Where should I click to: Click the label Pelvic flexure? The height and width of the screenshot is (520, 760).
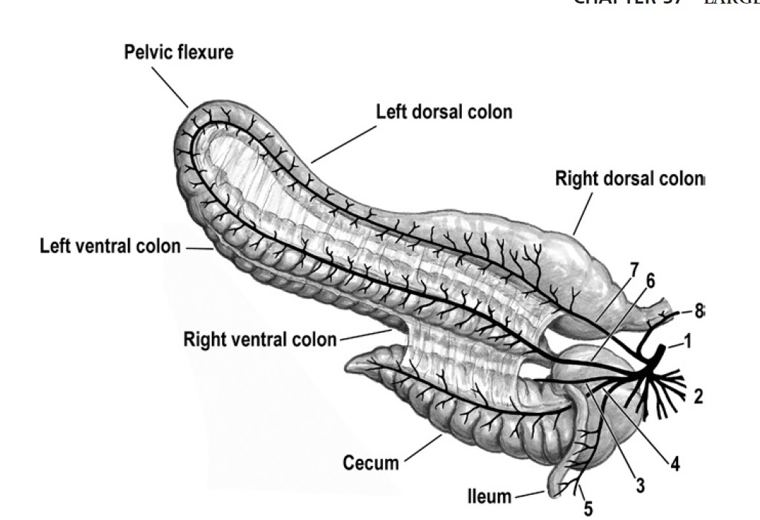[x=179, y=53]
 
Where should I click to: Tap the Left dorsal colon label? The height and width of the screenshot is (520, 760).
[x=444, y=112]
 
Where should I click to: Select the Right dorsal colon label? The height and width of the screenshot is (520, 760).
[x=630, y=179]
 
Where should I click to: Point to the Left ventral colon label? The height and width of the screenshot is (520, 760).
[x=110, y=247]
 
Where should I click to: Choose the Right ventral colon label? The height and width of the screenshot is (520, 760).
[x=260, y=338]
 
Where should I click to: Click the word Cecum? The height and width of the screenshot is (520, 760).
[x=371, y=462]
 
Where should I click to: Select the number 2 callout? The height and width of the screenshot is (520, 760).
[x=698, y=396]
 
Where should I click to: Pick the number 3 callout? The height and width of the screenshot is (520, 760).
[x=639, y=486]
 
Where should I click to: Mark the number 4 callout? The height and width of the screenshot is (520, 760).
[x=675, y=464]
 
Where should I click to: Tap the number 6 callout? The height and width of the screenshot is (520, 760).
[x=650, y=281]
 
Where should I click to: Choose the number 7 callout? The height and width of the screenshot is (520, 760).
[x=634, y=269]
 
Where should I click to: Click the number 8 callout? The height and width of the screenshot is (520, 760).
[x=698, y=311]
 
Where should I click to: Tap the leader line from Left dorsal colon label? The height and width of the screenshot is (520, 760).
[x=344, y=143]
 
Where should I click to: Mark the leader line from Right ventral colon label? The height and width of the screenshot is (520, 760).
[x=364, y=334]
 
